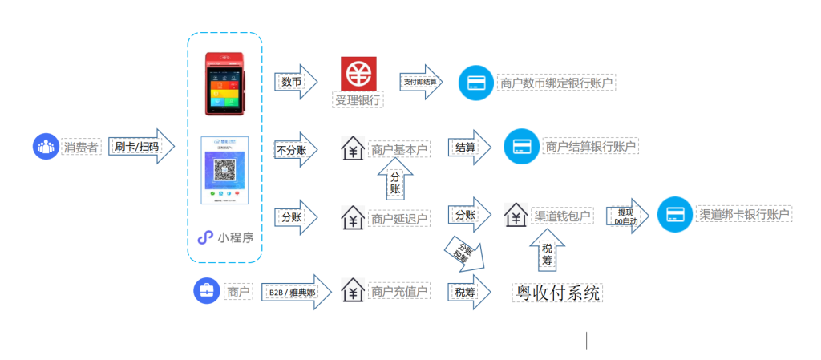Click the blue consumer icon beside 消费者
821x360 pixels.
tap(46, 147)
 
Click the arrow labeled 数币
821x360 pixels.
tap(295, 82)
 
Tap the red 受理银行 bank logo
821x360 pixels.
tap(358, 73)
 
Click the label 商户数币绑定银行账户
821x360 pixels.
tap(556, 83)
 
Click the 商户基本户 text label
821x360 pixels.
tap(399, 149)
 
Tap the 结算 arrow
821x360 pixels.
tap(468, 148)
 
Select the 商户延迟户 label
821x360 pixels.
tap(399, 218)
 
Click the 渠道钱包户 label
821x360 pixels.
tap(561, 216)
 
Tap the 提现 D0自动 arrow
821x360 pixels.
tap(626, 216)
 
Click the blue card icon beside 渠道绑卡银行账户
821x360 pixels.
tap(674, 215)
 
